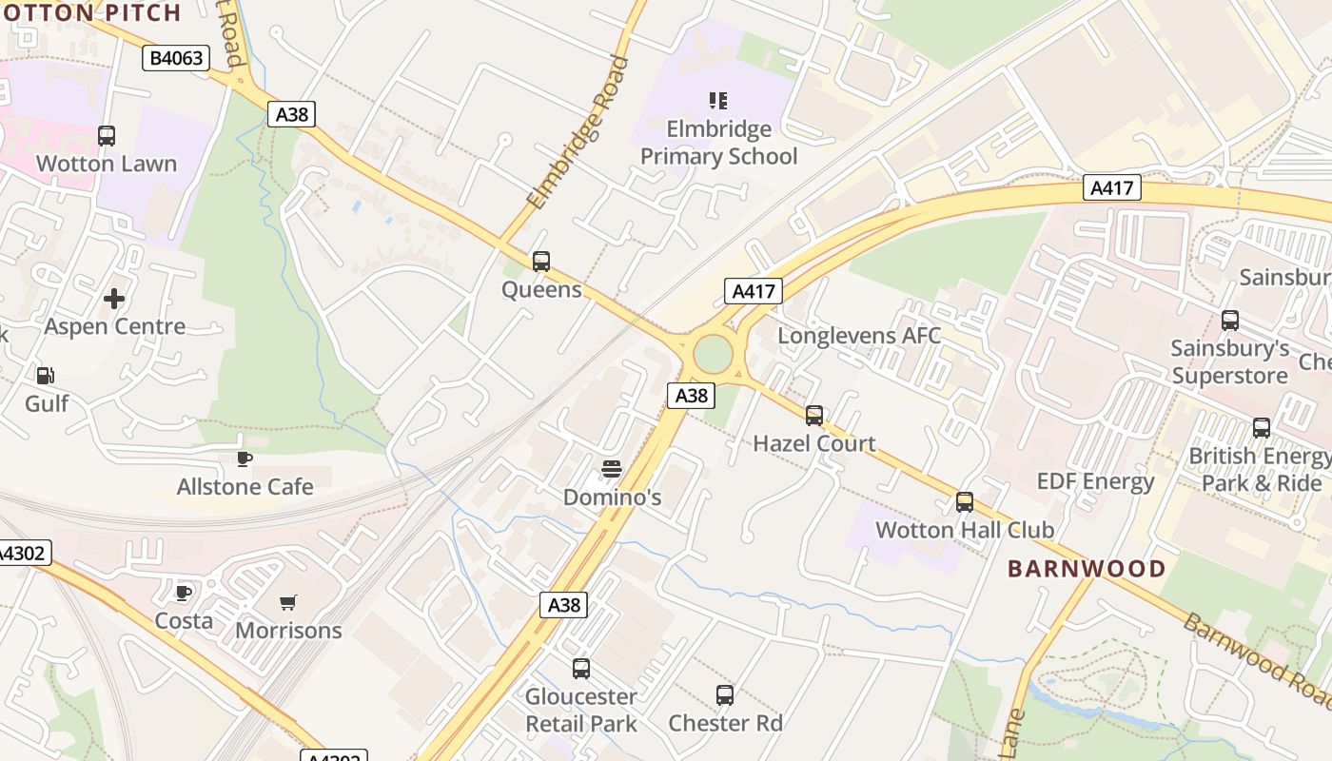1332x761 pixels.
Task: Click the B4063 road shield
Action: tap(176, 58)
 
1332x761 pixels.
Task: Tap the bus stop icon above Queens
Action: tap(541, 261)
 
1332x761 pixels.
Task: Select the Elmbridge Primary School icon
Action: tap(718, 100)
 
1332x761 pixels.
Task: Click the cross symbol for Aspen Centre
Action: tap(114, 299)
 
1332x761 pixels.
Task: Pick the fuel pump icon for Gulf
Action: tap(45, 376)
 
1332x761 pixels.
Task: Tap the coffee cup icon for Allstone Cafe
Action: tap(245, 459)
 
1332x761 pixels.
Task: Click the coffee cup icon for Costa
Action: tap(184, 594)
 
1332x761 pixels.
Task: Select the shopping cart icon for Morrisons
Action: tap(288, 602)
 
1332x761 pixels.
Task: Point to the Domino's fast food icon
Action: tap(612, 469)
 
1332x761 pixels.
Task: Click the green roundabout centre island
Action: tap(713, 354)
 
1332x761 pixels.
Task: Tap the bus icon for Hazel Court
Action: tap(814, 416)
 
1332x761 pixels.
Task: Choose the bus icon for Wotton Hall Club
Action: tap(965, 502)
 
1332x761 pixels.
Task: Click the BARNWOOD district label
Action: tap(1087, 569)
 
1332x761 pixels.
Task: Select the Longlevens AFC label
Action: tap(859, 336)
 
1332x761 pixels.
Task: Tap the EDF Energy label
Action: tap(1095, 481)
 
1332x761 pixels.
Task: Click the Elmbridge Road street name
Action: tap(578, 133)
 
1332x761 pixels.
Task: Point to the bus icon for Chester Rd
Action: tap(725, 695)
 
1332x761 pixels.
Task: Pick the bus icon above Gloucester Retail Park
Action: tap(581, 669)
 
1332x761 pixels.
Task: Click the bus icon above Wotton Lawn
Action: tap(107, 136)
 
